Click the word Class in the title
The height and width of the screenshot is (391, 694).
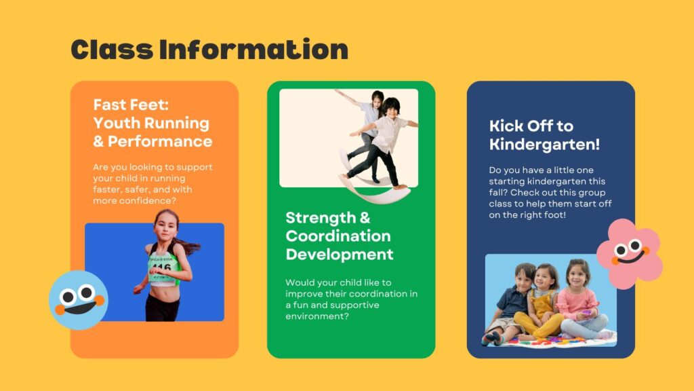pyautogui.click(x=112, y=49)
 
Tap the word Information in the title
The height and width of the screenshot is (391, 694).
pyautogui.click(x=254, y=49)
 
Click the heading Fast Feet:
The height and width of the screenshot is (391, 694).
pyautogui.click(x=131, y=105)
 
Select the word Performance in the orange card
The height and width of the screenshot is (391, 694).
pyautogui.click(x=160, y=141)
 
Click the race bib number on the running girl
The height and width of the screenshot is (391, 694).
pyautogui.click(x=161, y=267)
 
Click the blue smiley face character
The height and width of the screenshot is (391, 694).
pyautogui.click(x=79, y=300)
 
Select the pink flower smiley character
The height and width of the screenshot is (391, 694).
pyautogui.click(x=630, y=254)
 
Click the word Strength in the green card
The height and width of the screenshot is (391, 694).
pyautogui.click(x=321, y=218)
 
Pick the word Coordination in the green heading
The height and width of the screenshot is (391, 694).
pyautogui.click(x=338, y=236)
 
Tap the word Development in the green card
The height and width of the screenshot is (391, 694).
pyautogui.click(x=340, y=254)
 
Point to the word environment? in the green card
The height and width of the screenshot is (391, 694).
pyautogui.click(x=317, y=316)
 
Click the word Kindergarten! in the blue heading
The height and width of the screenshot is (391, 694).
pyautogui.click(x=544, y=144)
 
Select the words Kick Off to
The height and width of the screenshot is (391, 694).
pyautogui.click(x=531, y=126)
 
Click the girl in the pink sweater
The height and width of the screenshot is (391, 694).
pyautogui.click(x=580, y=301)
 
